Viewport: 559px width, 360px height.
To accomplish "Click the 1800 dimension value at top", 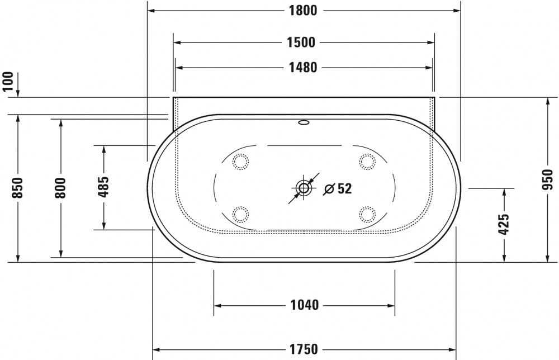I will tap(304, 11).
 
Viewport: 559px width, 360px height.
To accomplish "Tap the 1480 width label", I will tap(304, 68).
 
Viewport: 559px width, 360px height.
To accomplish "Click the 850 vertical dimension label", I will tap(18, 188).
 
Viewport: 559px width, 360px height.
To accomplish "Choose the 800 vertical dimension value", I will tap(60, 188).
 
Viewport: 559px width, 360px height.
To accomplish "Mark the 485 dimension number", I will tap(103, 187).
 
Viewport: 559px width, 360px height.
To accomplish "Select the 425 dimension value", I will tap(504, 224).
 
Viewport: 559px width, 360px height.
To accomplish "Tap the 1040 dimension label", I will tap(305, 305).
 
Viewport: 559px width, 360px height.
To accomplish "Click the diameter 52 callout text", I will tap(338, 189).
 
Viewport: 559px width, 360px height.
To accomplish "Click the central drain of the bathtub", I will tap(304, 188).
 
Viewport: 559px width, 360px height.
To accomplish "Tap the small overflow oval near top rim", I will tap(304, 123).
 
